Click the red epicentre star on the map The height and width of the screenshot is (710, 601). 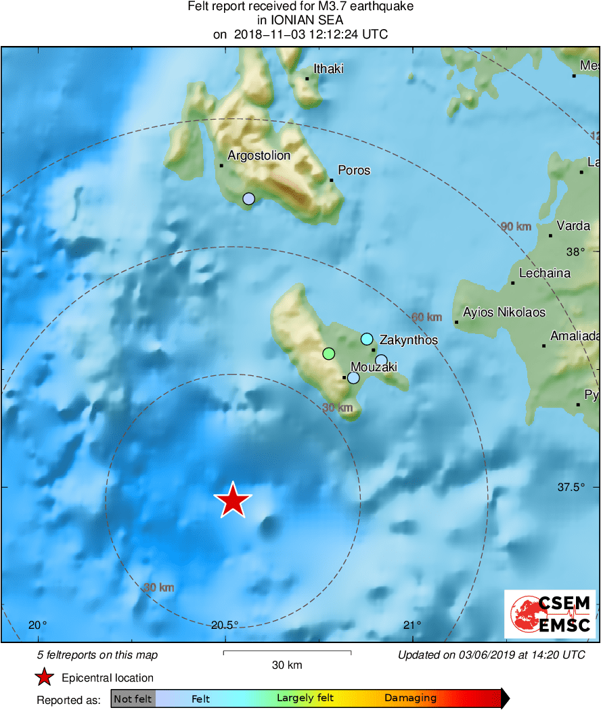[x=233, y=501]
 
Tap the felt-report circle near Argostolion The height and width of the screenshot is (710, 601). [x=249, y=198]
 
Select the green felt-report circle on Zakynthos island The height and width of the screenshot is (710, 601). [x=329, y=353]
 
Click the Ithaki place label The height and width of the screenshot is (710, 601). [x=329, y=69]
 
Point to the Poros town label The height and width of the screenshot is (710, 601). [x=355, y=170]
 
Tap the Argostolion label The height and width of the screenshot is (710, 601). [x=259, y=156]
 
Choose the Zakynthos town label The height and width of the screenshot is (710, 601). [x=409, y=339]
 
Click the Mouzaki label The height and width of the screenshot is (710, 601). [x=374, y=367]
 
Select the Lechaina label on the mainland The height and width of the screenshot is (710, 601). [x=544, y=273]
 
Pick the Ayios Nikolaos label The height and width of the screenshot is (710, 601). [x=504, y=312]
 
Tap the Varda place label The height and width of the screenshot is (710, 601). [x=573, y=226]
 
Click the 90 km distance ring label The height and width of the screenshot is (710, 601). [x=516, y=227]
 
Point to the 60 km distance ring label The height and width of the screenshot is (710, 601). [x=426, y=317]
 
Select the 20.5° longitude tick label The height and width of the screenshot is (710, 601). [x=224, y=625]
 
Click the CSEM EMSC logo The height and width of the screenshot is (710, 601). [x=550, y=614]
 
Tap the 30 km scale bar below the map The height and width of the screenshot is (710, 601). [x=287, y=653]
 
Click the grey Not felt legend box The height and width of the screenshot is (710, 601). [x=133, y=699]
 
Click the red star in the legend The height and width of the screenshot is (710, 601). [x=45, y=678]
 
